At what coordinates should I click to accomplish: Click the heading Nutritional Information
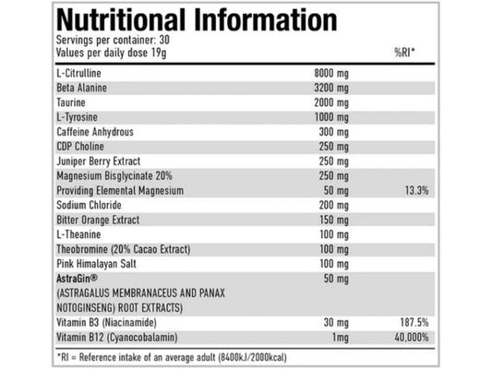(x=197, y=20)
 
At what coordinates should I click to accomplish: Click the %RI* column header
(x=404, y=52)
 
